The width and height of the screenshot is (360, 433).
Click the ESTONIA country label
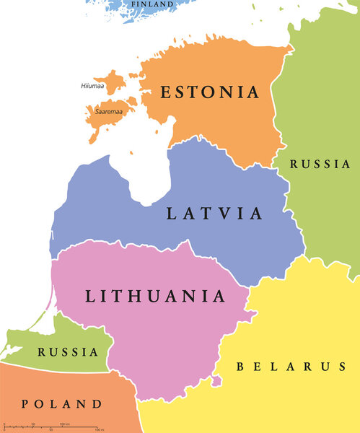(x=209, y=92)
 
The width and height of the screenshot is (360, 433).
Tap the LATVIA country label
(x=214, y=213)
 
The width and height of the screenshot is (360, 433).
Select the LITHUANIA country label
(x=155, y=296)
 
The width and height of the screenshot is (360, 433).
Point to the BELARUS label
(x=291, y=367)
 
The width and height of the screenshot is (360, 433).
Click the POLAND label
(x=62, y=403)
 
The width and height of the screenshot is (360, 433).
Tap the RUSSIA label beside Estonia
(x=320, y=165)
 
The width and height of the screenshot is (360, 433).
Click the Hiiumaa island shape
(x=113, y=81)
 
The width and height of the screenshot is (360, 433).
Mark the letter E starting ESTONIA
(x=166, y=92)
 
